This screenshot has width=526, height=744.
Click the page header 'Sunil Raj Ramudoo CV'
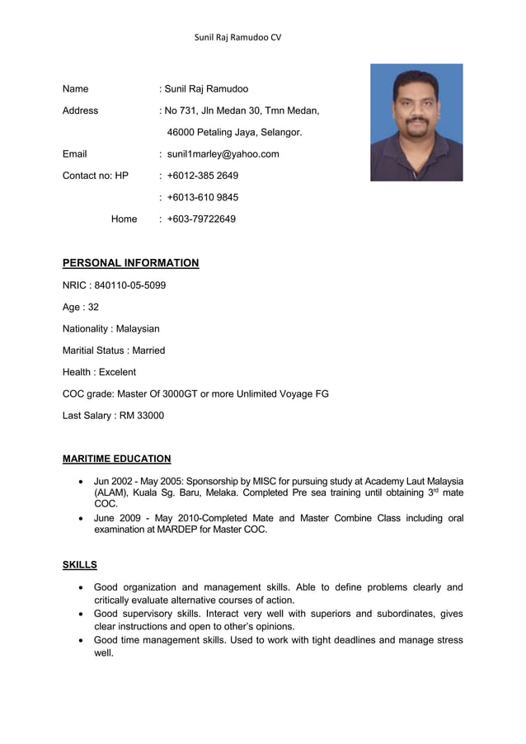237,37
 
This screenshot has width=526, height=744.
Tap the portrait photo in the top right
416,122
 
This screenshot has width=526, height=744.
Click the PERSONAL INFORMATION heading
130,263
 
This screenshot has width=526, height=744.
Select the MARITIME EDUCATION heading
116,459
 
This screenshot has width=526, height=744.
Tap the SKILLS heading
79,565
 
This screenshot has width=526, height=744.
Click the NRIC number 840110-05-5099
131,285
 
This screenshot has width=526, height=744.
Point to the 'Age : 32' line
81,307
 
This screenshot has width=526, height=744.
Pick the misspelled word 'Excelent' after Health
117,372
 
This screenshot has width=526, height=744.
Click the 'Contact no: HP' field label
95,176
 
